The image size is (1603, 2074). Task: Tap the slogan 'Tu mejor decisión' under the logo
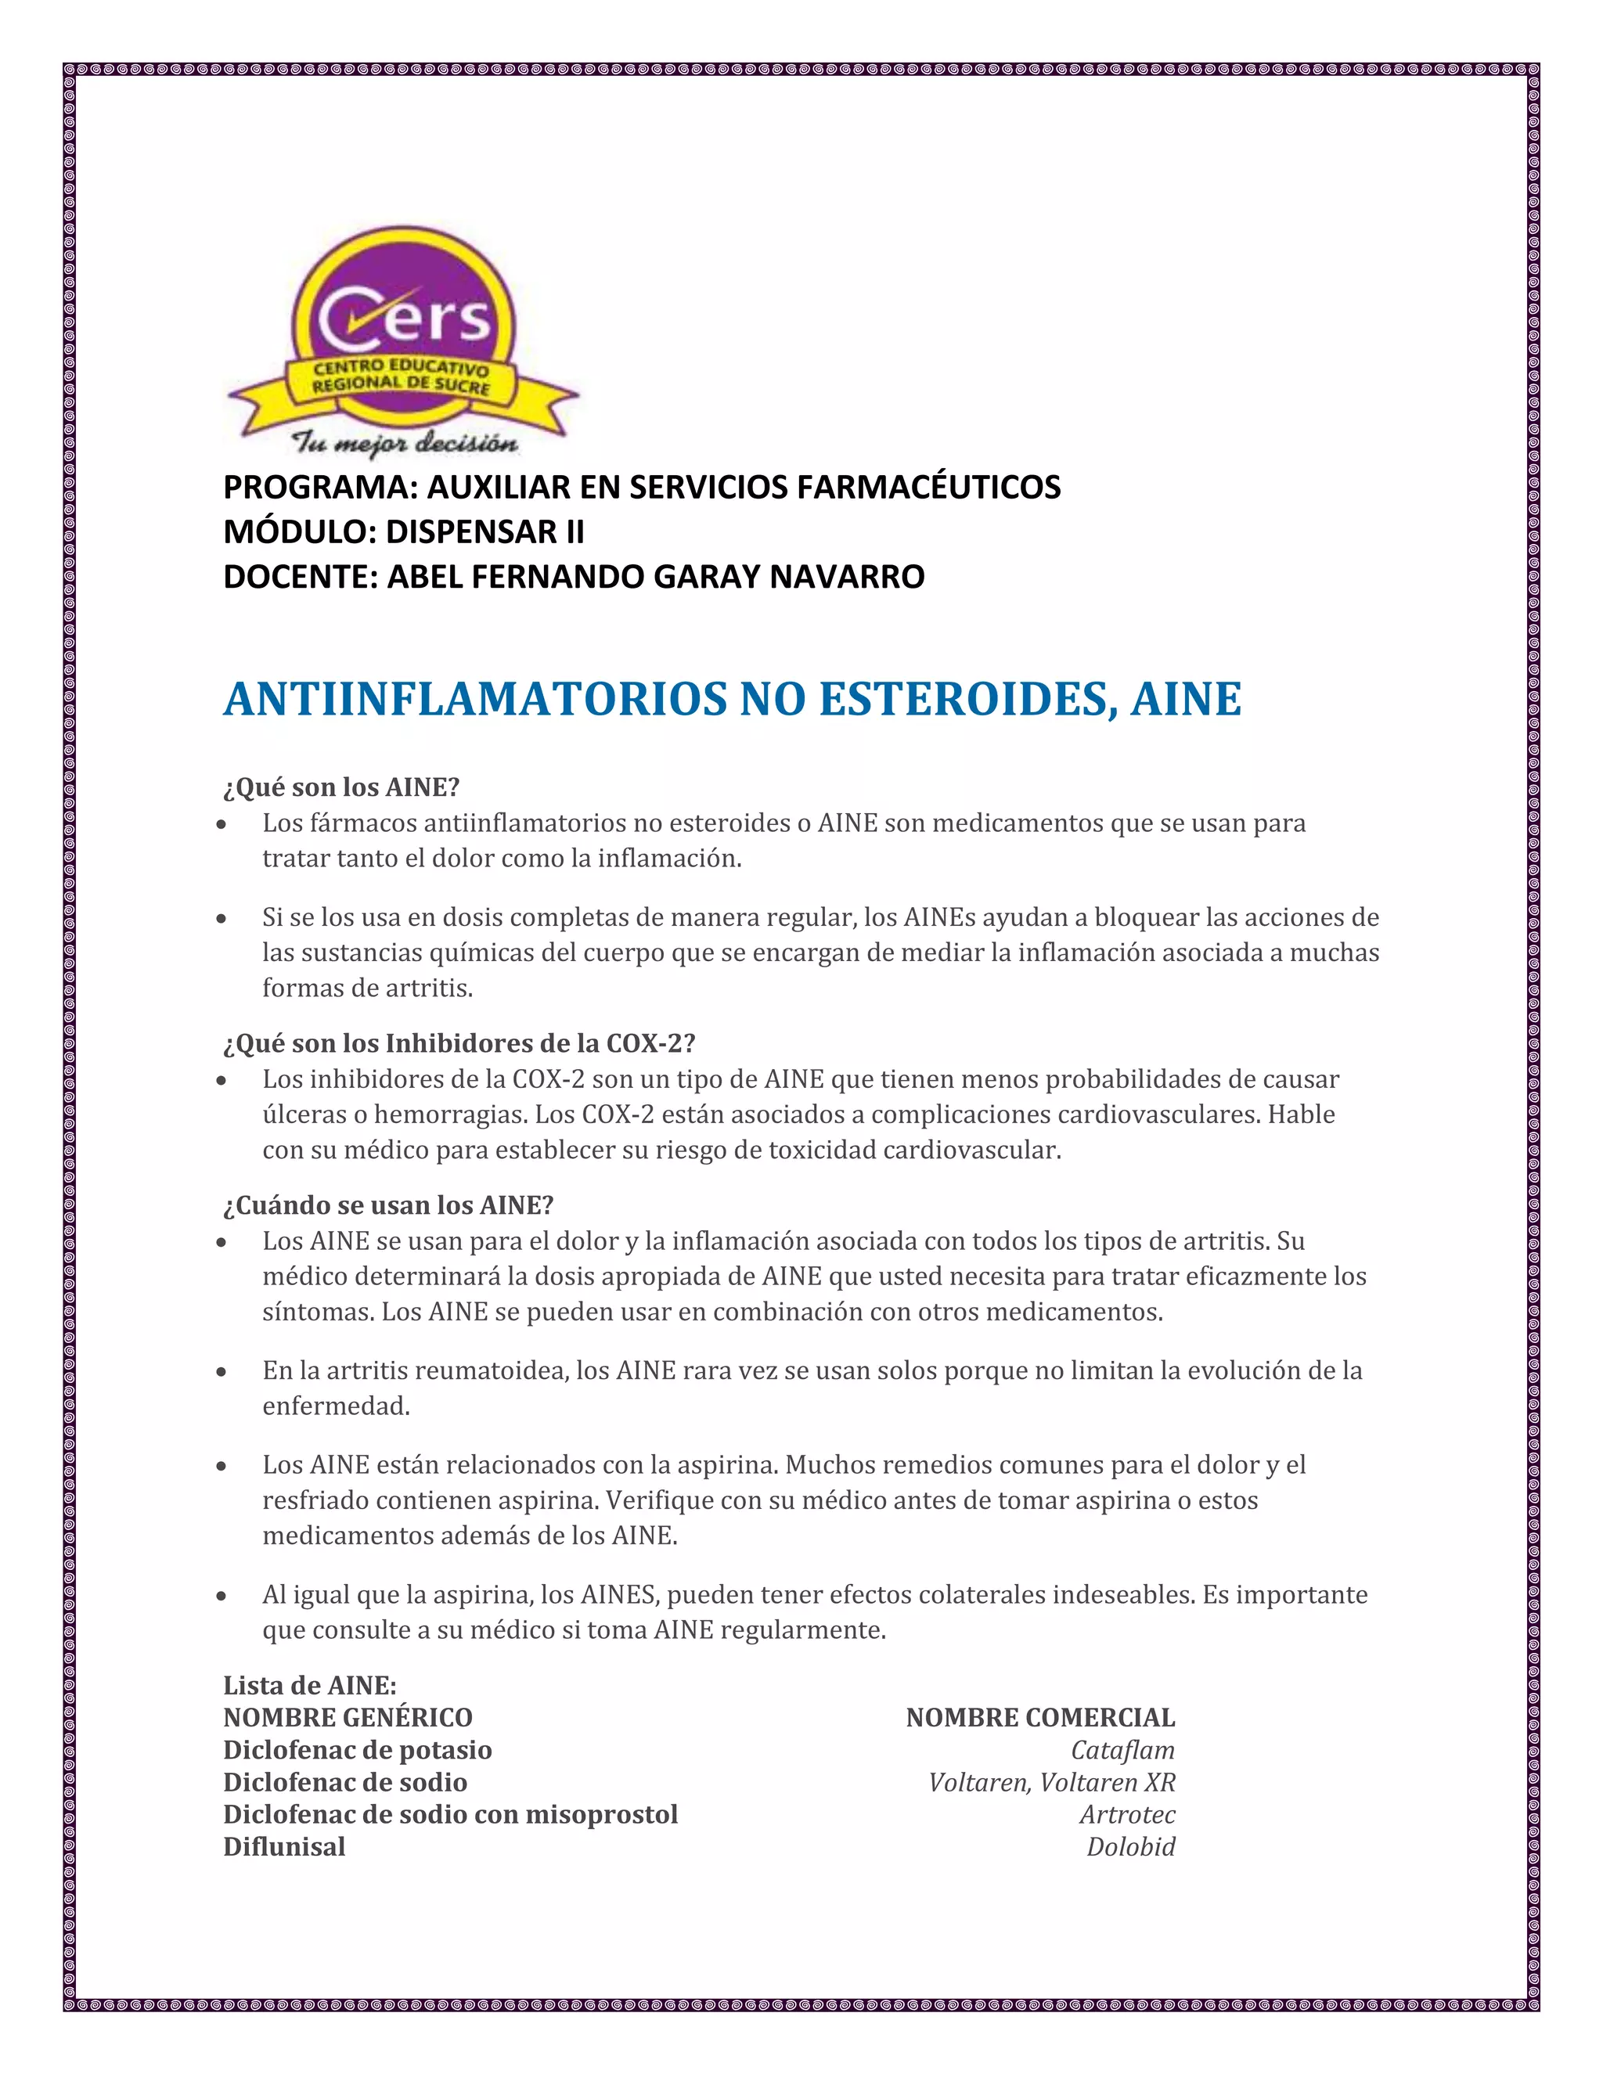[405, 444]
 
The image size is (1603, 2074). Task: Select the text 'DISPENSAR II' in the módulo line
[485, 531]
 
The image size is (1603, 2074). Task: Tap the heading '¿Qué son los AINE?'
[341, 787]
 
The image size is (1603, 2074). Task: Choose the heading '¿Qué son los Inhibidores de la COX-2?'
[459, 1043]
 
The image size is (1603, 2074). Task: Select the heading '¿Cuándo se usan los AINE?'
[387, 1205]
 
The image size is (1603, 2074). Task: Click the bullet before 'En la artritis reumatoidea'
[222, 1371]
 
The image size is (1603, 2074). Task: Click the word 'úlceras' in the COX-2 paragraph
[297, 1114]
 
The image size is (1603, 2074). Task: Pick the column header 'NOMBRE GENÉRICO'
[348, 1717]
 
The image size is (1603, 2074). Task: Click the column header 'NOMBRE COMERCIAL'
[1040, 1717]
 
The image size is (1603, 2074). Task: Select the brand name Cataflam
[1122, 1749]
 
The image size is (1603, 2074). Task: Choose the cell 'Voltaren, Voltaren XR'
[1051, 1781]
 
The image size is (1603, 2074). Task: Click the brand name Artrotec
[1127, 1814]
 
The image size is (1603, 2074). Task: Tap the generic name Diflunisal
[284, 1846]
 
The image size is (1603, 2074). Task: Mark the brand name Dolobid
[1130, 1846]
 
